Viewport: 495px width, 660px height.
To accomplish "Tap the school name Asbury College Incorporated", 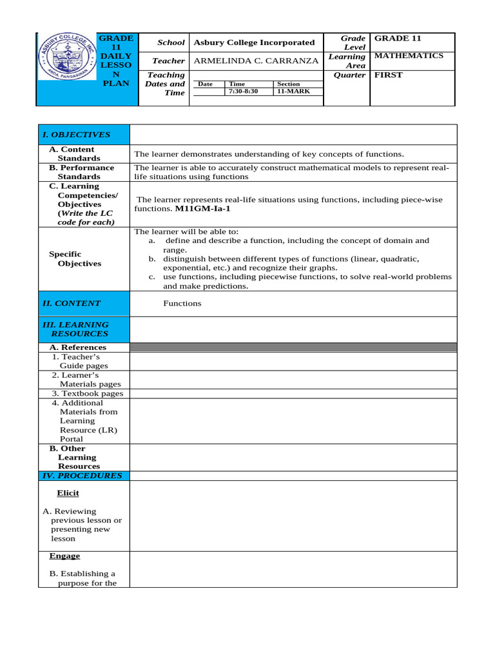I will click(250, 43).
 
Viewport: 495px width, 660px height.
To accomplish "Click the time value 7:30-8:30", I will click(243, 92).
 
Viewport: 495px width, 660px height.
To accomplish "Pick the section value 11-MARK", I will click(293, 92).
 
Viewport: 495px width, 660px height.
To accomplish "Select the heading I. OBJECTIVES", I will click(76, 135).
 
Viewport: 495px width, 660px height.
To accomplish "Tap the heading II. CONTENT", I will click(72, 303).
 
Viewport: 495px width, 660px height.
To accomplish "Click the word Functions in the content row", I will click(182, 303).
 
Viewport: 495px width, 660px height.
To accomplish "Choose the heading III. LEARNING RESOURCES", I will click(75, 329).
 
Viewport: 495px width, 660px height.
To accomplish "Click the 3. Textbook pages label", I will click(88, 393).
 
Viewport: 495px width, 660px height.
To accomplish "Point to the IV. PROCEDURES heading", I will click(82, 476).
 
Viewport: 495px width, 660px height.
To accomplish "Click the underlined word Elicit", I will click(68, 493).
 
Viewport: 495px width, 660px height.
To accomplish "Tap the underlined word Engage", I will click(64, 556).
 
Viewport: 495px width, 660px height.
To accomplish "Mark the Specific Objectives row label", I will click(75, 258).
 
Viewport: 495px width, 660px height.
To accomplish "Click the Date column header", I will click(205, 84).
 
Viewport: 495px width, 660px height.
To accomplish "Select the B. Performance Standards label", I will click(82, 171).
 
